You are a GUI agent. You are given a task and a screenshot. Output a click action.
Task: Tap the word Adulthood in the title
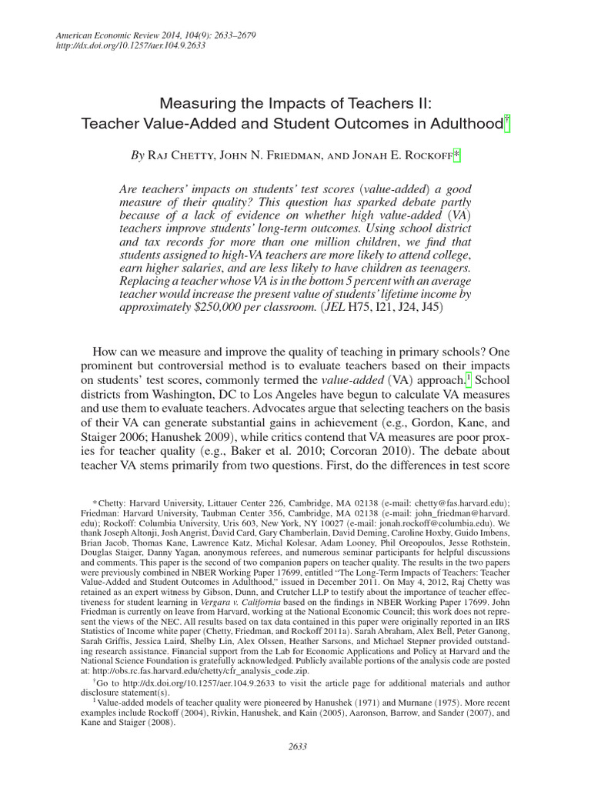pyautogui.click(x=462, y=123)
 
